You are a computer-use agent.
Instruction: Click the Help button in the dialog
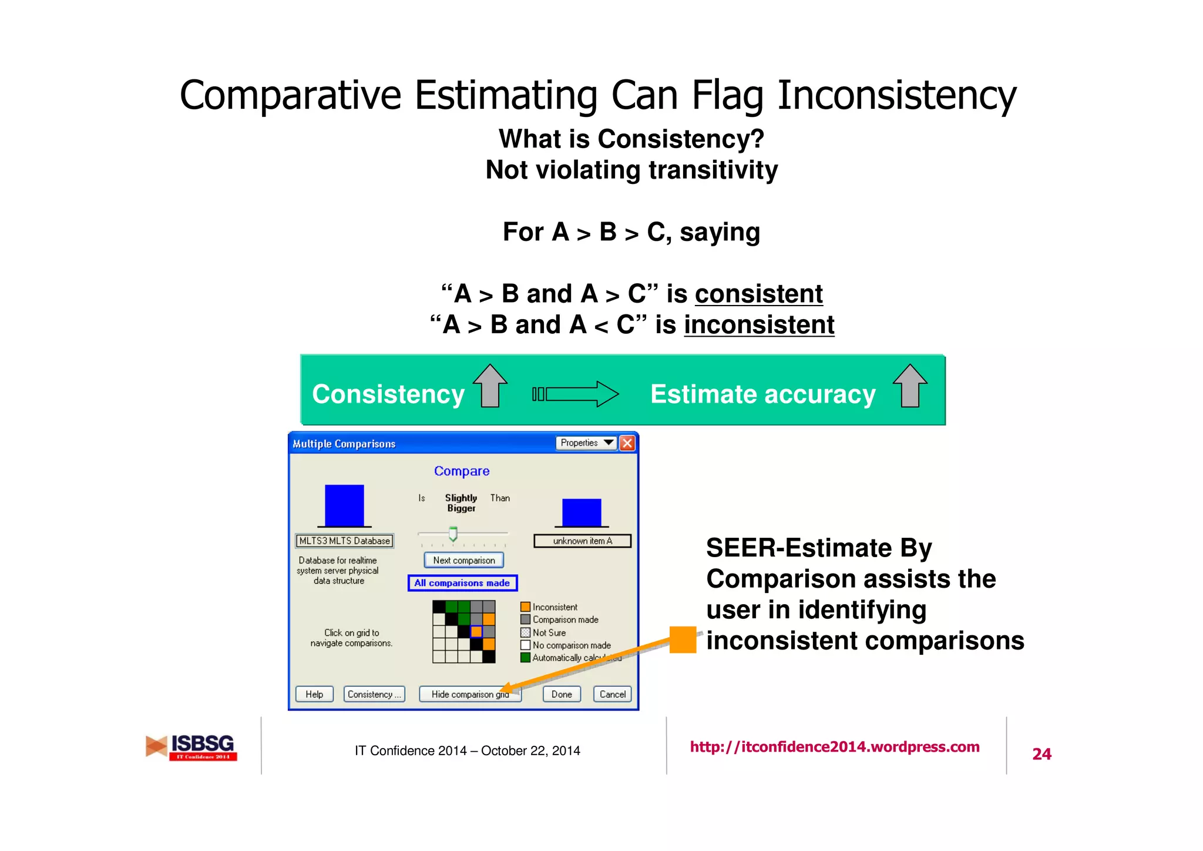(314, 694)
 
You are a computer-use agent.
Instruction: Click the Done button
(562, 694)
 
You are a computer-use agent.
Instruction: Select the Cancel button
(612, 694)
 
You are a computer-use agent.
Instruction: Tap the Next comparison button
(463, 560)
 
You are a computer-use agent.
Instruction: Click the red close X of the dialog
(627, 443)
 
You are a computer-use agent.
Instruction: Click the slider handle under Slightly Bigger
(453, 534)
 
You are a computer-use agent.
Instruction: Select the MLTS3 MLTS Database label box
(344, 541)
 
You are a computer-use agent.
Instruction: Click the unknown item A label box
(582, 541)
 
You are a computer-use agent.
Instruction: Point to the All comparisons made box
(462, 583)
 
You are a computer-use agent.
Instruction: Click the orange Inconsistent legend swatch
(525, 607)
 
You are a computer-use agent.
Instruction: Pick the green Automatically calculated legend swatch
(525, 658)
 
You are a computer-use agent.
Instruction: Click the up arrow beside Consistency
(490, 386)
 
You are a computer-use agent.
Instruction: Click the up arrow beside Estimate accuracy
(910, 386)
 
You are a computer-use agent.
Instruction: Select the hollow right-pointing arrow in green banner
(576, 394)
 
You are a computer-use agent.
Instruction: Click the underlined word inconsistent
(759, 325)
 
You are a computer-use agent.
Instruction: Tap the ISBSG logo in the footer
(191, 747)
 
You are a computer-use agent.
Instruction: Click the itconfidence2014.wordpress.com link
(834, 747)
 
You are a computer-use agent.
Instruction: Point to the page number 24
(1041, 754)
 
